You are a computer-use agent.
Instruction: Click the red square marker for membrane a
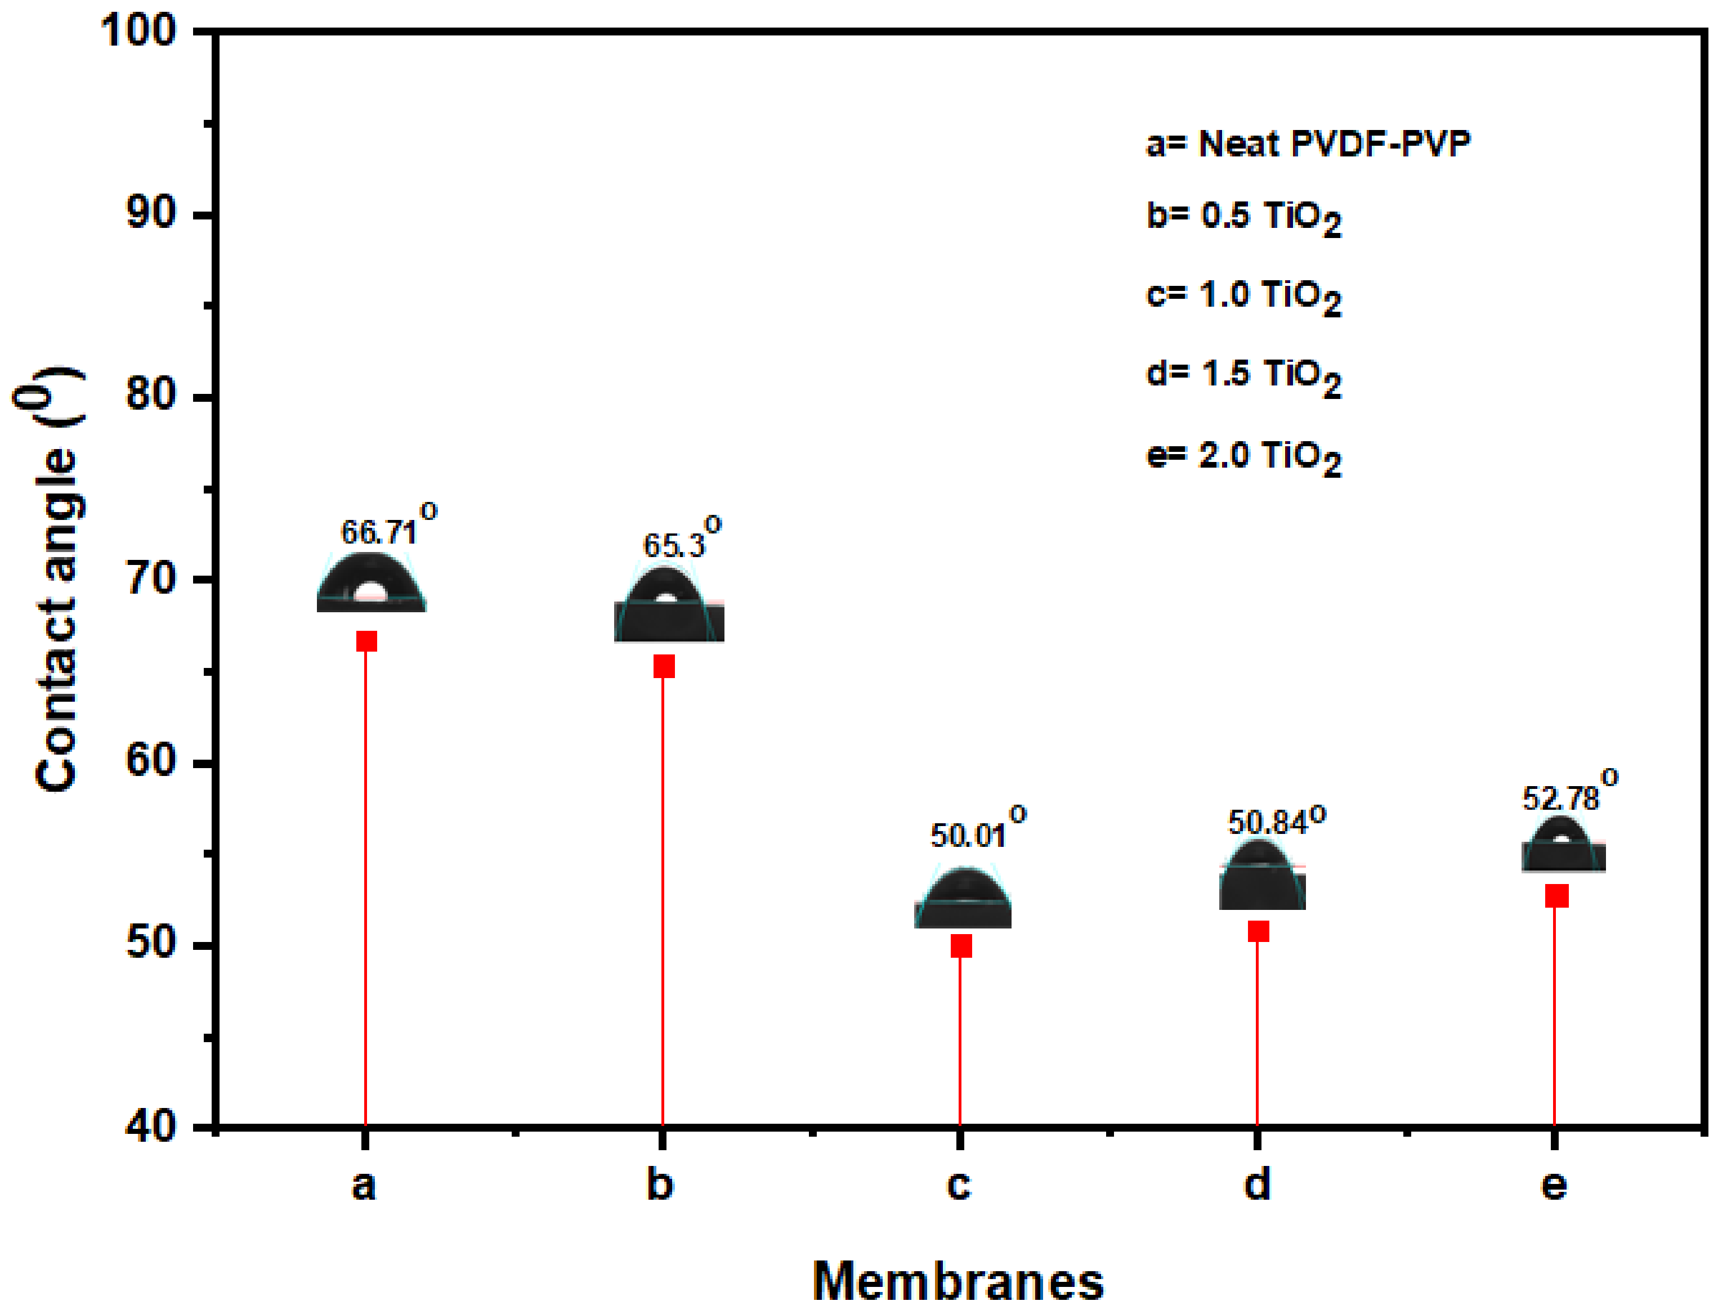pyautogui.click(x=366, y=641)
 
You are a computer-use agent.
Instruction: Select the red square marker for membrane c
pyautogui.click(x=961, y=946)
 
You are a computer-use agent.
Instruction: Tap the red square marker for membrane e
pyautogui.click(x=1556, y=896)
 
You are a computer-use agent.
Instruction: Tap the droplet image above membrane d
pyautogui.click(x=1262, y=875)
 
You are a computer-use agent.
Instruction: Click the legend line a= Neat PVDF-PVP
pyautogui.click(x=1307, y=144)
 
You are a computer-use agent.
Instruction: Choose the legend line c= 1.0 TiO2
pyautogui.click(x=1243, y=297)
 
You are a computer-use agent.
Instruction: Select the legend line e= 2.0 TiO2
pyautogui.click(x=1243, y=457)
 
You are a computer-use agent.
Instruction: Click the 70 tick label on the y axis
pyautogui.click(x=150, y=580)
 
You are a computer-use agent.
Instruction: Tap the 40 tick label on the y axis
pyautogui.click(x=150, y=1127)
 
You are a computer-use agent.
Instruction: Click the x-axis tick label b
pyautogui.click(x=660, y=1185)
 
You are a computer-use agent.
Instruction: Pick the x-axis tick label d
pyautogui.click(x=1256, y=1185)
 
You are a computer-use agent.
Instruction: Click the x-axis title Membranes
pyautogui.click(x=958, y=1280)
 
